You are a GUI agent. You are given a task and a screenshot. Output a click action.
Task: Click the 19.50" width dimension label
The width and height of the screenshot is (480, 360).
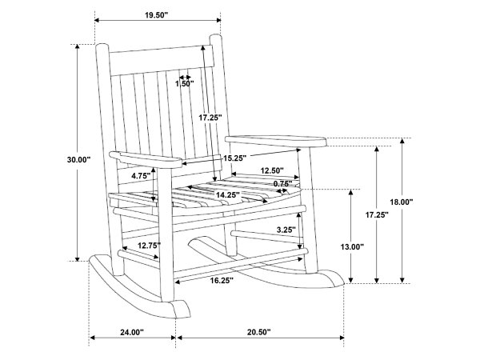tap(157, 15)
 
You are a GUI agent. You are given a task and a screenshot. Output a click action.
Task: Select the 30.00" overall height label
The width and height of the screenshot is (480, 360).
tap(78, 159)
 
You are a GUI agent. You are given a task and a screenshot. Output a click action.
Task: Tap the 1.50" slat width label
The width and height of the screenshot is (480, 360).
tap(185, 83)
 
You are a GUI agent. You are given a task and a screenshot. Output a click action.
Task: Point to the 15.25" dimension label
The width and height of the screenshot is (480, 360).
tap(234, 158)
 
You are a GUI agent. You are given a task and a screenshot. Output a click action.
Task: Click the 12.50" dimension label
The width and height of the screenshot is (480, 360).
tap(272, 170)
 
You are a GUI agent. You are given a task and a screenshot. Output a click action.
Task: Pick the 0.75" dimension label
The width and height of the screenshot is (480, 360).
tap(282, 184)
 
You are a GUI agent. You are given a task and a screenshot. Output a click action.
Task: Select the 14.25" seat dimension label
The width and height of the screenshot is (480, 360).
tap(228, 194)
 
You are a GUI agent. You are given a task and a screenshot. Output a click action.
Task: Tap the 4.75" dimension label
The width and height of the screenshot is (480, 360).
tap(141, 176)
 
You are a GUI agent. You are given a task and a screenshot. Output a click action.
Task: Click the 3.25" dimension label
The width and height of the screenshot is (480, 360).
tap(286, 230)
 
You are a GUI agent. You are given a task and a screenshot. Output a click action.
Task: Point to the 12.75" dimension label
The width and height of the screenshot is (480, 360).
tap(149, 246)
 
